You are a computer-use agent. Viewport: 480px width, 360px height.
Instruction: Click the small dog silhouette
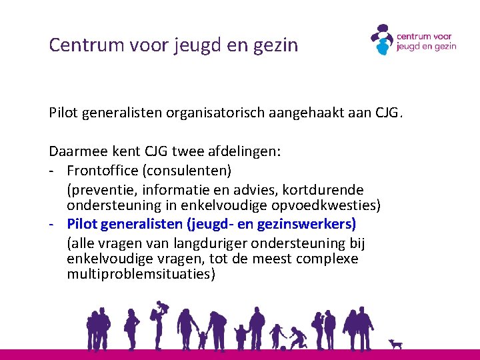(396, 344)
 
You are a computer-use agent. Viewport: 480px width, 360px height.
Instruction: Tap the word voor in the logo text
(441, 37)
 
